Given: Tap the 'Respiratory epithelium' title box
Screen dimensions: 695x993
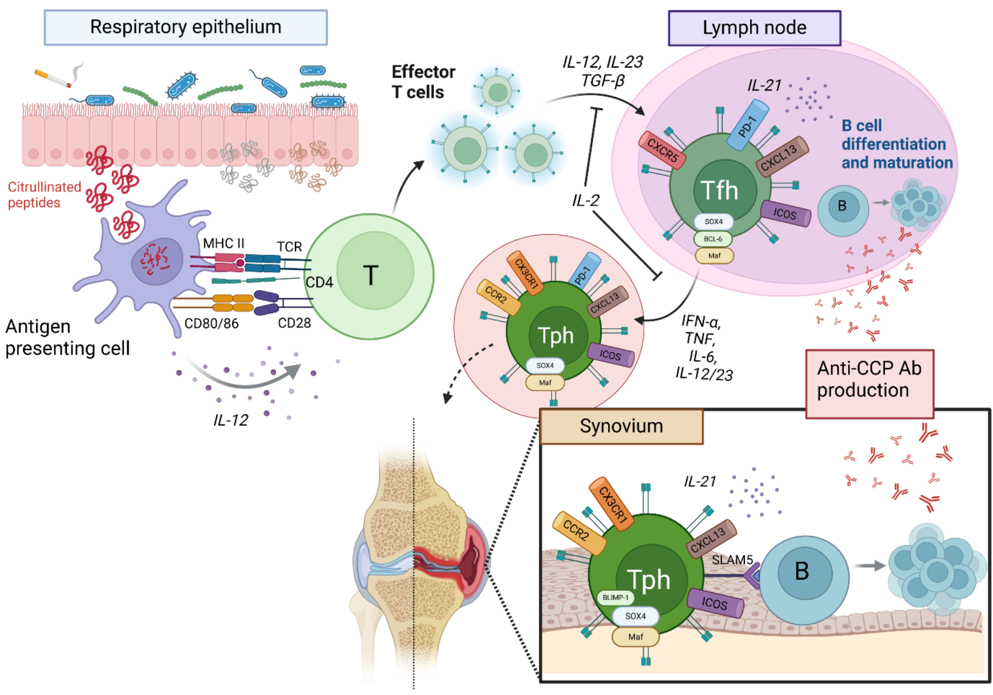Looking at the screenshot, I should coord(185,28).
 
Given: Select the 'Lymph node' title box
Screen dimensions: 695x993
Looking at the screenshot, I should coord(754,28).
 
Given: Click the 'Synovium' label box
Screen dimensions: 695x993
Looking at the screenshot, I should coord(621,427).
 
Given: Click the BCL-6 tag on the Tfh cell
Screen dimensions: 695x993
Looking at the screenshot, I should coord(713,239).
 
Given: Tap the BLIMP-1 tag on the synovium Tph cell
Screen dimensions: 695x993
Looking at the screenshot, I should coord(615,598).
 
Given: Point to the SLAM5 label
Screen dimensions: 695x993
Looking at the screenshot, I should coord(732,560).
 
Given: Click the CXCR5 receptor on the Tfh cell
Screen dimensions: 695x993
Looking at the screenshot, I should coord(662,151).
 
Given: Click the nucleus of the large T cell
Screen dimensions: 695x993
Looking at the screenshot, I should coord(375,271).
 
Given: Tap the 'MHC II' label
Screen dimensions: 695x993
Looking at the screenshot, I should coord(224,243).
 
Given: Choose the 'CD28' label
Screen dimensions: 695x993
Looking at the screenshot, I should coord(294,323).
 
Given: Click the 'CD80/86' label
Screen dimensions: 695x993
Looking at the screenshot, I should coord(212,323).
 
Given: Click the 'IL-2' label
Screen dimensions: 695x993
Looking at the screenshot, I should coord(585,200).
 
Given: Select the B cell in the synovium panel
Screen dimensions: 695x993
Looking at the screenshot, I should coord(804,579).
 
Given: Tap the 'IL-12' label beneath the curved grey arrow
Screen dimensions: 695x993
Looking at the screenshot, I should coord(231,420).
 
